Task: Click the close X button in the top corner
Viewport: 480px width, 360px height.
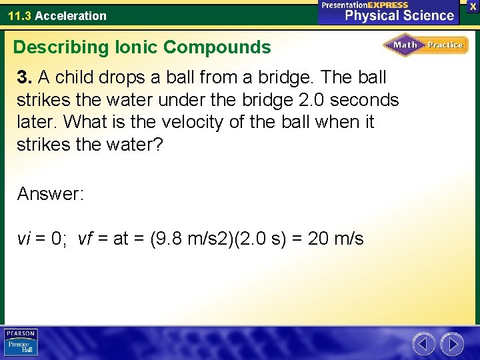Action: pyautogui.click(x=473, y=6)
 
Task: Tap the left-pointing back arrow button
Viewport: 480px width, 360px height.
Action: pyautogui.click(x=424, y=344)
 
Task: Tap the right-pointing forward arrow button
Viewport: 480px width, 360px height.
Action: pyautogui.click(x=452, y=344)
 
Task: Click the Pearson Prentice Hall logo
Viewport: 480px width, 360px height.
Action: pyautogui.click(x=21, y=343)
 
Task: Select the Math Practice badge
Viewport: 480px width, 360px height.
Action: pyautogui.click(x=425, y=45)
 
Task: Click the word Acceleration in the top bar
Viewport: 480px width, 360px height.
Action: pyautogui.click(x=71, y=15)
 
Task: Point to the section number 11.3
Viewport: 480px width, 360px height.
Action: pyautogui.click(x=20, y=15)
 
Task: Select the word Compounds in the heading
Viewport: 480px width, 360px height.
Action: pyautogui.click(x=217, y=47)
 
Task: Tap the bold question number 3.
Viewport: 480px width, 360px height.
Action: pyautogui.click(x=25, y=77)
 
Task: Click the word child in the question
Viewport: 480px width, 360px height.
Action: pyautogui.click(x=76, y=77)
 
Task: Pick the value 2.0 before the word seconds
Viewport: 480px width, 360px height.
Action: pyautogui.click(x=312, y=100)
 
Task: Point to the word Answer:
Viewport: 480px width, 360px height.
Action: pyautogui.click(x=51, y=194)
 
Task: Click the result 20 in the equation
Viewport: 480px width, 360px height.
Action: pyautogui.click(x=318, y=238)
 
